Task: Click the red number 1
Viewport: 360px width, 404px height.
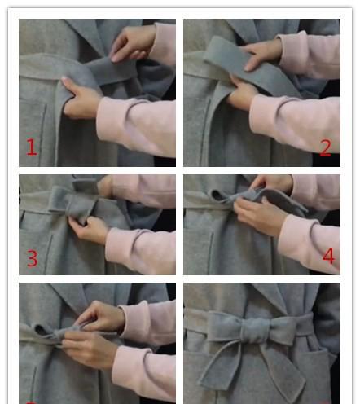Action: tap(32, 147)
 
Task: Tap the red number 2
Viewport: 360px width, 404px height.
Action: tap(326, 148)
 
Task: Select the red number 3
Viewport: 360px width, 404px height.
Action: tap(33, 258)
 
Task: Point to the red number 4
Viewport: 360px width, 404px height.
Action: tap(328, 256)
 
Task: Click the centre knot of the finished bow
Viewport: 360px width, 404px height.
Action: tap(255, 331)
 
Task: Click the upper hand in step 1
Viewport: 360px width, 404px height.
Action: tap(133, 43)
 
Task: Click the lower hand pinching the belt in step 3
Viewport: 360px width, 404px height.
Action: tap(89, 231)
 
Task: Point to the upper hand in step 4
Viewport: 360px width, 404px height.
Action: tap(271, 182)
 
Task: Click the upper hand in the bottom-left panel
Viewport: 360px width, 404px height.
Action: tap(99, 317)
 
